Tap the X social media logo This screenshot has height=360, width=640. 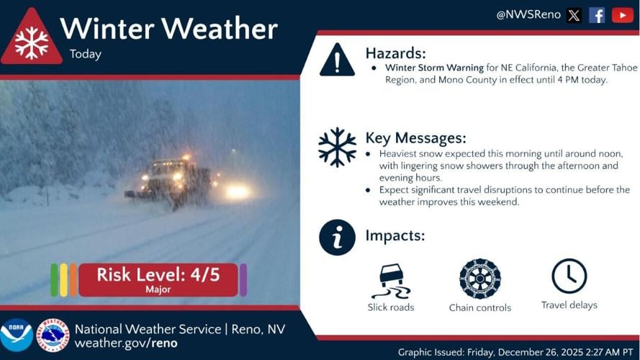point(574,15)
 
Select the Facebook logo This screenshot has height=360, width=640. point(597,15)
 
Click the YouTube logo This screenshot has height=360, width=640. point(622,15)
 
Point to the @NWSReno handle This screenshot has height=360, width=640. point(528,15)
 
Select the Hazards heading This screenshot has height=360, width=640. point(395,53)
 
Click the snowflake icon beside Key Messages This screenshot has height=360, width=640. point(337,147)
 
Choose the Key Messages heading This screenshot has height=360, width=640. point(415,138)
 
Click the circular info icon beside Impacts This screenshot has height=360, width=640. point(337,237)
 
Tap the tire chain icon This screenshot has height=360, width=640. point(479,279)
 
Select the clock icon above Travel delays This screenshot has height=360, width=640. point(569,276)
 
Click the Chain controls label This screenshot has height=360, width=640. point(479,308)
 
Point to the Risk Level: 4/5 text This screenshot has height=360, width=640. point(158,274)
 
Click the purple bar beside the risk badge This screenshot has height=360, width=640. point(243,280)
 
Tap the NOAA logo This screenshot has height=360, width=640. point(16,335)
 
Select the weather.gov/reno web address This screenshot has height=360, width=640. point(126,343)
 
